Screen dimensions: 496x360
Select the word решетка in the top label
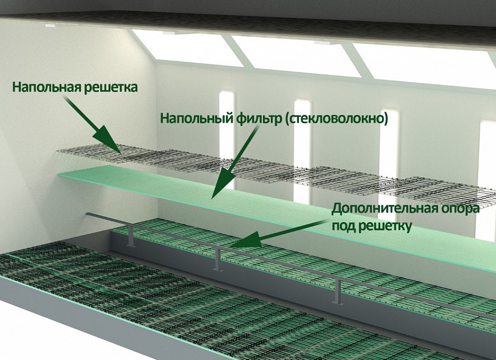[x=111, y=87]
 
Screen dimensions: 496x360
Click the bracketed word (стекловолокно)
[x=337, y=119]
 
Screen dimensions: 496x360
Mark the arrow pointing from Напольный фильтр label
[x=235, y=161]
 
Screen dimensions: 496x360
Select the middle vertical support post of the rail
[x=217, y=259]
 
